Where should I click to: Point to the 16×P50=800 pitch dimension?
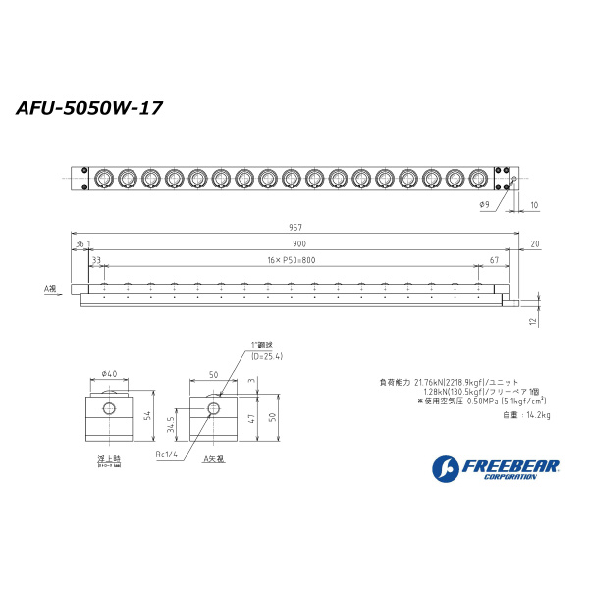click(290, 259)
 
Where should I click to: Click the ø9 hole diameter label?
click(484, 204)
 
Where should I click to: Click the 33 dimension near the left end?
click(95, 259)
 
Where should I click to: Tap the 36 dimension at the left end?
click(80, 243)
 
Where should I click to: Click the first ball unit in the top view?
click(103, 179)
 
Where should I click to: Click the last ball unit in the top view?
click(478, 179)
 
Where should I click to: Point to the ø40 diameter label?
click(109, 373)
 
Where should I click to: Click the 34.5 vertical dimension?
click(174, 425)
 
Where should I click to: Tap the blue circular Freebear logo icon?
click(445, 469)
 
